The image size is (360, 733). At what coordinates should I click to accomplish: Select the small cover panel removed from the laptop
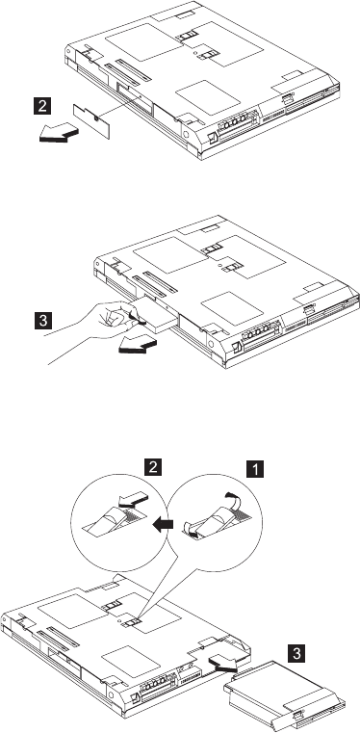(92, 121)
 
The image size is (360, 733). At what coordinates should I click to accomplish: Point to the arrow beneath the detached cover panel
(58, 132)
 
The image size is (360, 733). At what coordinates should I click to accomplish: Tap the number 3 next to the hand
(43, 321)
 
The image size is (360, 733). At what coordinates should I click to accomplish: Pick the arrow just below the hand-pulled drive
(138, 346)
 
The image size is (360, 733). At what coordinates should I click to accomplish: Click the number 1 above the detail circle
(255, 468)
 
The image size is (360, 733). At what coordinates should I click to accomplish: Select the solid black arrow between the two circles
(164, 525)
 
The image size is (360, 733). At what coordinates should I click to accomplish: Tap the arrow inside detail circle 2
(132, 502)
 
